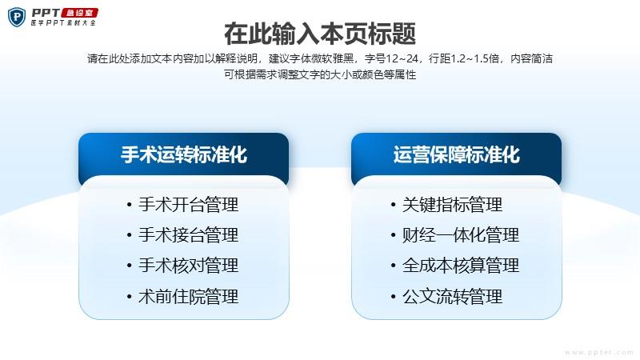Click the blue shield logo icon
[x=17, y=17]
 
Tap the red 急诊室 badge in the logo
[x=79, y=13]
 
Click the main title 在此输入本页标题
[x=320, y=34]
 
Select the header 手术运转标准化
[x=184, y=154]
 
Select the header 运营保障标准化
[x=457, y=154]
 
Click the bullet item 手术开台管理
[x=189, y=205]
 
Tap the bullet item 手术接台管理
[x=189, y=235]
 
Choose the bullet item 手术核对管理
[x=189, y=266]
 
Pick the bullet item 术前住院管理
[x=189, y=296]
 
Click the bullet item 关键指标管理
[x=452, y=205]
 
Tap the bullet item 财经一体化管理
[x=461, y=235]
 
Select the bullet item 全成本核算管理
[x=461, y=266]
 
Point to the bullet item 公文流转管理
[x=452, y=296]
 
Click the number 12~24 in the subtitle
[x=402, y=58]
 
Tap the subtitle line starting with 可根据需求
[x=320, y=74]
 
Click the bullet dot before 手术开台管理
[x=129, y=205]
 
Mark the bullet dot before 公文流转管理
[x=393, y=296]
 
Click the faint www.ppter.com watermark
[x=599, y=352]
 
